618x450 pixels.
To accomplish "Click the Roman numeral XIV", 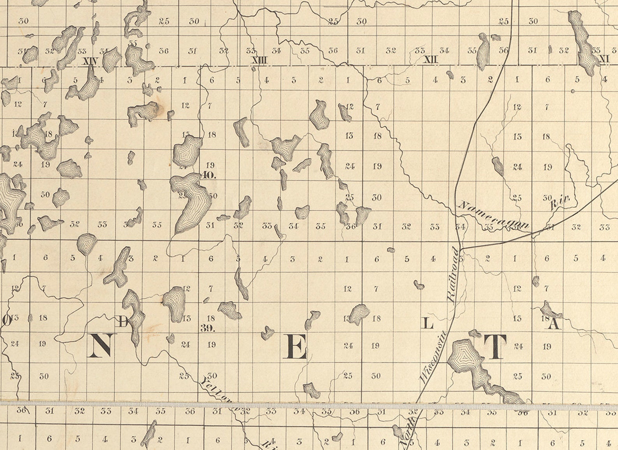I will coord(90,61).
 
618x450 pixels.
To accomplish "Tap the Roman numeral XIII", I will coord(260,60).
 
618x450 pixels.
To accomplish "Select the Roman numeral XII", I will coord(430,60).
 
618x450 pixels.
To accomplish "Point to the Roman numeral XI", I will coord(604,59).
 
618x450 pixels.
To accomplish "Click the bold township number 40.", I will coord(209,175).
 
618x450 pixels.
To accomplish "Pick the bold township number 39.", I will coord(208,328).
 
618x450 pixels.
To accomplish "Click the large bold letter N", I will coord(100,345).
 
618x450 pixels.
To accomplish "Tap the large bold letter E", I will coord(295,346).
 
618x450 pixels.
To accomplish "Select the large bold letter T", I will coord(495,347).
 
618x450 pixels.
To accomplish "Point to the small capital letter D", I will coord(123,322).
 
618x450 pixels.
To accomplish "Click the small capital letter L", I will coord(428,323).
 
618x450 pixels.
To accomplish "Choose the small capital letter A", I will coord(554,324).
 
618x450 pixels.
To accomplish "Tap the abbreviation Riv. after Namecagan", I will coord(561,202).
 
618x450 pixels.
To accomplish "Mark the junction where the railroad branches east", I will coord(460,248).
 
